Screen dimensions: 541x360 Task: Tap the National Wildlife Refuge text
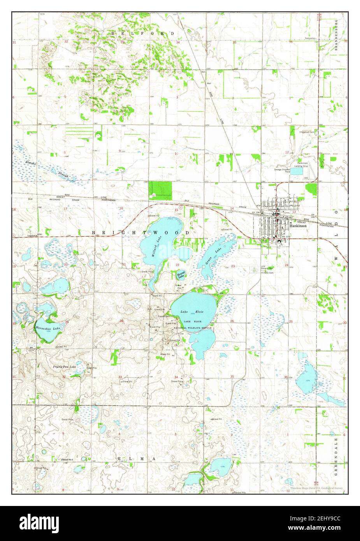(193, 328)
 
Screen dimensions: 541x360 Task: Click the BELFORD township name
(142, 34)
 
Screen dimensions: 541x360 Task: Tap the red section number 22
(177, 265)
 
